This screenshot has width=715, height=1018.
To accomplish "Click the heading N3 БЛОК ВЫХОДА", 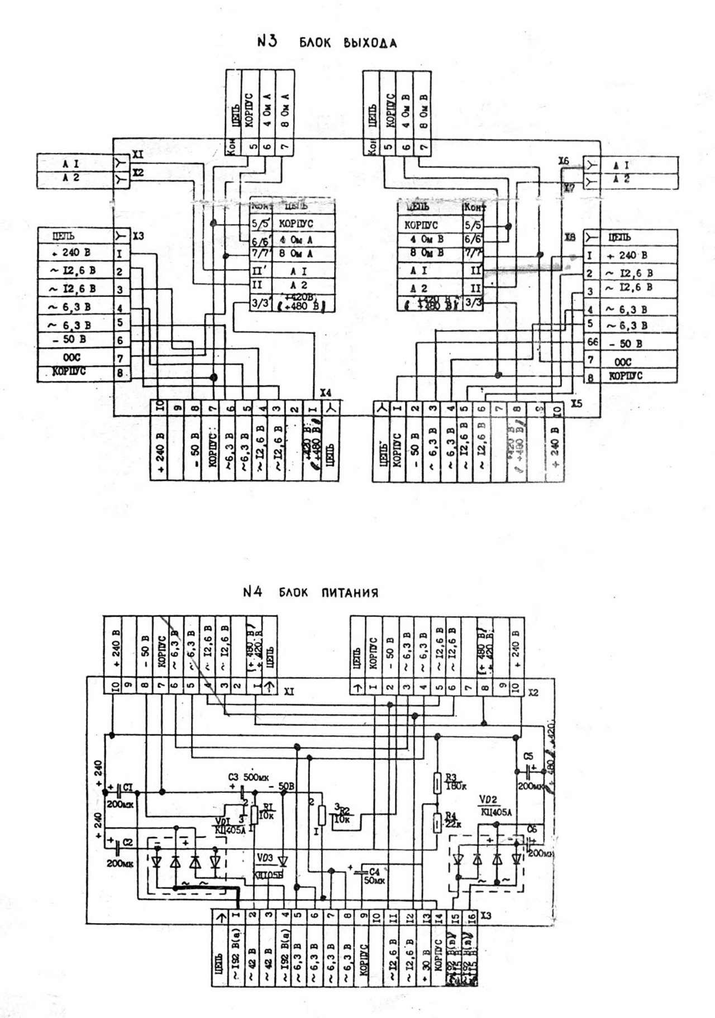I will tap(327, 42).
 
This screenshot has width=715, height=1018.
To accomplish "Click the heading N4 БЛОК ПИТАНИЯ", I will tap(311, 592).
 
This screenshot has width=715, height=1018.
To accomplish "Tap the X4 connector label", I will tap(326, 393).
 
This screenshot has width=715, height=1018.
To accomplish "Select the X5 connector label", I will tap(576, 403).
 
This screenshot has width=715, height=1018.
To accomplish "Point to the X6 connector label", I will tap(563, 161).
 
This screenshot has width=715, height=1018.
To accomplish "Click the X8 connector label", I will tap(569, 237).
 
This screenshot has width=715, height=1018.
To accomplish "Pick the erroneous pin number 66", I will tap(592, 342).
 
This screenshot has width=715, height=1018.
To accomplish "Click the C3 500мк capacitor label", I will tap(248, 777).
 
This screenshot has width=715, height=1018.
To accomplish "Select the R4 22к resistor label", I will tap(452, 820).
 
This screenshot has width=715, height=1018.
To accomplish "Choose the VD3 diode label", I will tap(265, 858).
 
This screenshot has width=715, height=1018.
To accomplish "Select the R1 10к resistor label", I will tap(269, 810).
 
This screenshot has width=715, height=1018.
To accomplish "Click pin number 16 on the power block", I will tap(471, 916).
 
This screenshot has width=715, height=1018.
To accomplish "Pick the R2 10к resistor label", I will tap(342, 815).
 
